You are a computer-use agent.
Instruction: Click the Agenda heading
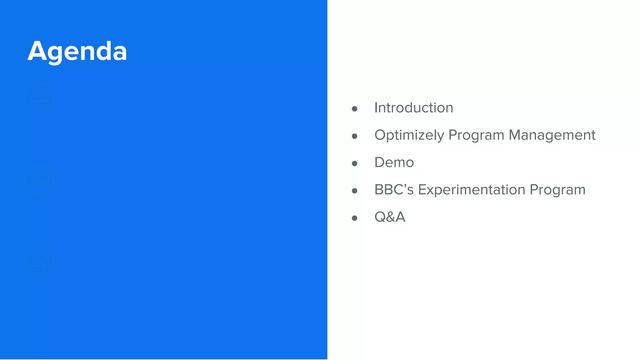pos(77,51)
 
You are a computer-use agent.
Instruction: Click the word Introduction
pos(413,108)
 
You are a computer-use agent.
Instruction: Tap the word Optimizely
pos(409,135)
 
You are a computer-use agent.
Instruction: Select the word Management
pos(552,135)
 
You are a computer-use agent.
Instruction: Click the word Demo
pos(394,162)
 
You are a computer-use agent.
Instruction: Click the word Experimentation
pos(471,190)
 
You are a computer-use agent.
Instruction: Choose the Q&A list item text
pos(389,217)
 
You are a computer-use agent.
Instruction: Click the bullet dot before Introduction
pos(354,109)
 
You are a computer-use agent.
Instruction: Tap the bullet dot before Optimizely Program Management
pos(354,136)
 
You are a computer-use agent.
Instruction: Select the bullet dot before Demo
pos(354,163)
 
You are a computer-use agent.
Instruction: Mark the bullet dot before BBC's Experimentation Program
pos(354,191)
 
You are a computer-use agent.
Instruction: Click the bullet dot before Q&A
pos(354,218)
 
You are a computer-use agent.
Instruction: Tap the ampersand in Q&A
pos(390,217)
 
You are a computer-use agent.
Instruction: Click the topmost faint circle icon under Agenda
pos(39,98)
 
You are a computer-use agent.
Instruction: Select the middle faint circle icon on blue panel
pos(39,180)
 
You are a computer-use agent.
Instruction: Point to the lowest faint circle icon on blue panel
pos(39,262)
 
